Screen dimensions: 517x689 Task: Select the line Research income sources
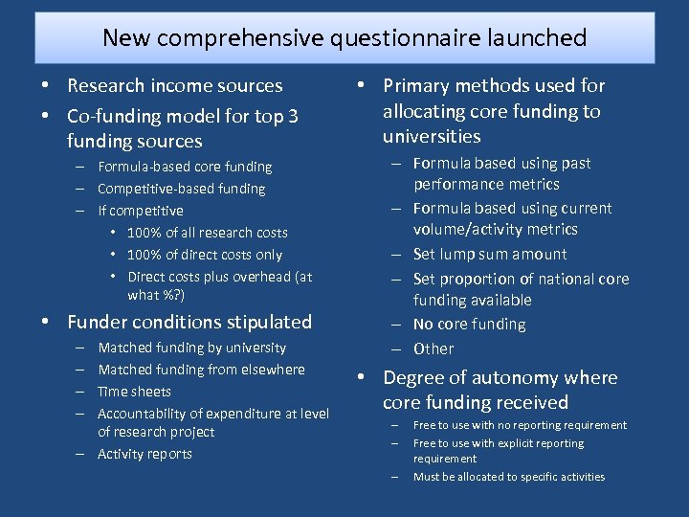(175, 86)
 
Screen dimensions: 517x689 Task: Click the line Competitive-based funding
(182, 189)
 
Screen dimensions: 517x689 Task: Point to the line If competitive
(141, 211)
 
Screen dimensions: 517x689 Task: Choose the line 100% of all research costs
(208, 233)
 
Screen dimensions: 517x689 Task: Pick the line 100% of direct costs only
(205, 255)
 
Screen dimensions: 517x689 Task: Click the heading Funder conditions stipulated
(189, 322)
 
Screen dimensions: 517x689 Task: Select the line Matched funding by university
(192, 348)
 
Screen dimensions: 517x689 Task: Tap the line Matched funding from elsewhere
(202, 370)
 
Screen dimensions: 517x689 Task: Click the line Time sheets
(135, 392)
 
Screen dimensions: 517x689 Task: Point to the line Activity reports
(145, 454)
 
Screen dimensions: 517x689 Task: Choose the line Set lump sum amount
(490, 255)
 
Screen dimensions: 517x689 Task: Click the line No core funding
(470, 325)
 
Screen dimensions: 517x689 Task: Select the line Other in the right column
(433, 349)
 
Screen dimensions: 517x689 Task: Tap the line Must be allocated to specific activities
(509, 477)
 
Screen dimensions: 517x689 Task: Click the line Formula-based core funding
(185, 167)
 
